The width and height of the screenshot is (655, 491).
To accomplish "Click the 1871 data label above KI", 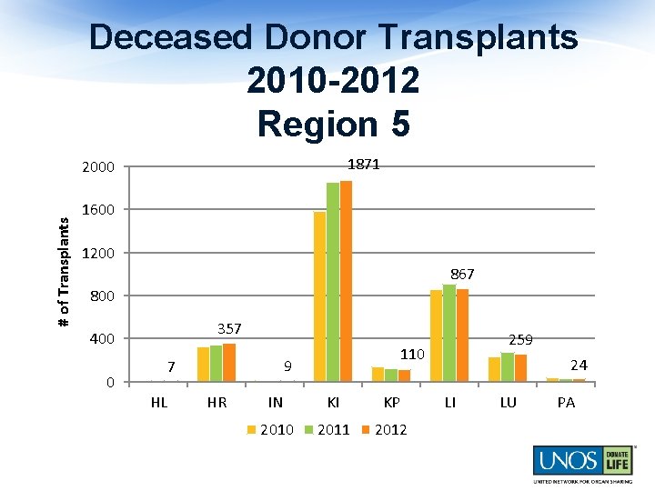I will [x=364, y=165].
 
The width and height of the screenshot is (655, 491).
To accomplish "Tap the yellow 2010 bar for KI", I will [x=319, y=296].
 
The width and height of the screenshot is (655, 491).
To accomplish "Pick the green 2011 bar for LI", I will [x=449, y=333].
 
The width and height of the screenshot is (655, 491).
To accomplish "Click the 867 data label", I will [x=461, y=274].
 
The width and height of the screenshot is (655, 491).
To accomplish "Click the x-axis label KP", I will [x=391, y=403].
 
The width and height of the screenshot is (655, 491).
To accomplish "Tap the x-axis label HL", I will [x=159, y=403].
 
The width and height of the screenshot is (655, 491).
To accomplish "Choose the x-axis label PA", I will [x=566, y=403].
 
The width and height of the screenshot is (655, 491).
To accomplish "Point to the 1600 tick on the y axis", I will [x=97, y=210].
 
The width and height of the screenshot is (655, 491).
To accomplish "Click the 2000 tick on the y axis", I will [x=97, y=167].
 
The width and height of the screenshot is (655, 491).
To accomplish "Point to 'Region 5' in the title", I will [x=333, y=124].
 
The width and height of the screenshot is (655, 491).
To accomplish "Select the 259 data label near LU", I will [x=520, y=339].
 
